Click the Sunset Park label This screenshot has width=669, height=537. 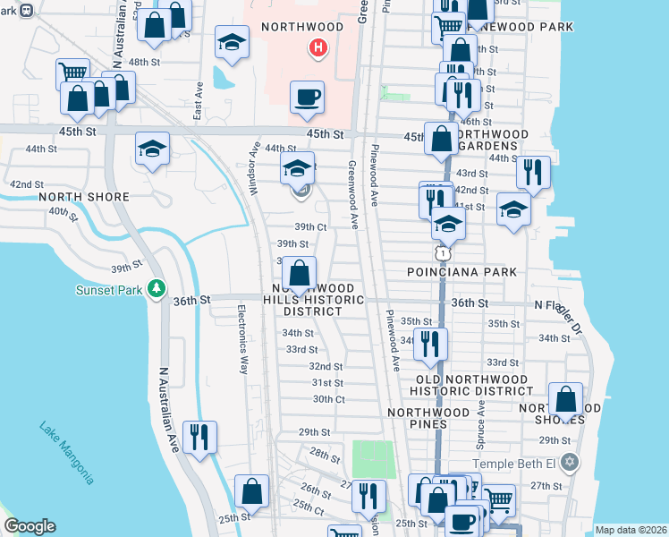[x=111, y=288]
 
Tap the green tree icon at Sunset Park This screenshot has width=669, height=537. [x=157, y=288]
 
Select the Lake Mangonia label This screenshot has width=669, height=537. [x=66, y=453]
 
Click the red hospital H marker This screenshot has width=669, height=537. [x=316, y=47]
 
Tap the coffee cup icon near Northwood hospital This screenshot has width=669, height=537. [x=307, y=96]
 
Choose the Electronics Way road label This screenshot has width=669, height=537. [x=241, y=339]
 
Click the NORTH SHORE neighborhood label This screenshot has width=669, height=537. [x=84, y=197]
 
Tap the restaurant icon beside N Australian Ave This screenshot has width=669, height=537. [x=199, y=437]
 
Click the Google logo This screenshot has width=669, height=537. [x=30, y=526]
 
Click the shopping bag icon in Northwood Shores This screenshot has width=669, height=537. [x=565, y=398]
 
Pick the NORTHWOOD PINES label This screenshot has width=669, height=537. [x=429, y=412]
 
